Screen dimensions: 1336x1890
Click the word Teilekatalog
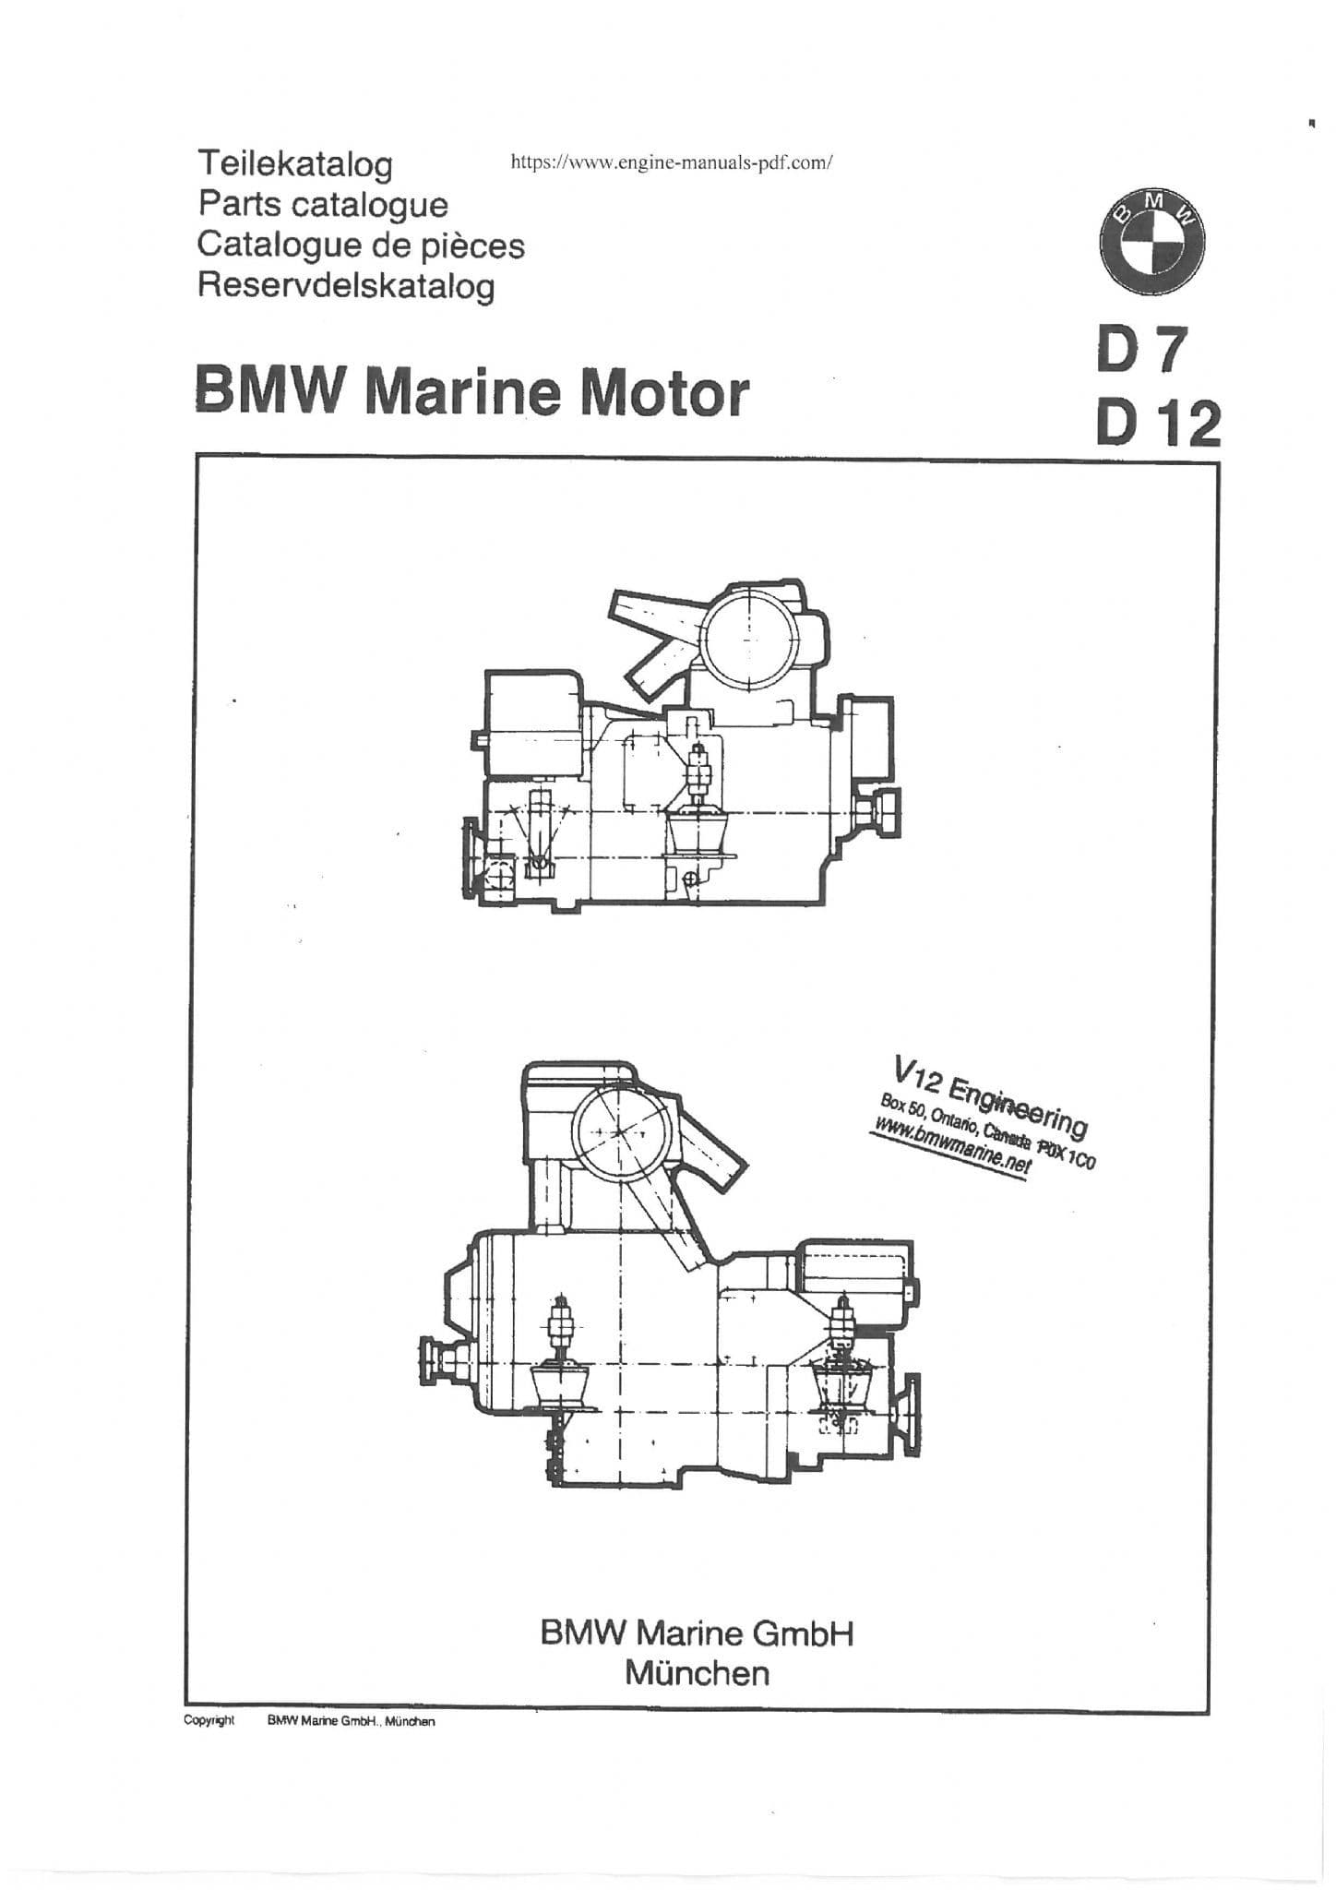pos(295,165)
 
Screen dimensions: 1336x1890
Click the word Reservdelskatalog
pos(346,286)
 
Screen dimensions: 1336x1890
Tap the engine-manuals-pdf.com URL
pos(673,163)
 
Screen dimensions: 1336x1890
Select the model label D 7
pos(1139,352)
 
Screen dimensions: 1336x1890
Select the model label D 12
pos(1158,424)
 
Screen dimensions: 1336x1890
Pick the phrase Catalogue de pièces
pos(361,245)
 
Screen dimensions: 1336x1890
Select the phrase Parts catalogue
pos(323,205)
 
